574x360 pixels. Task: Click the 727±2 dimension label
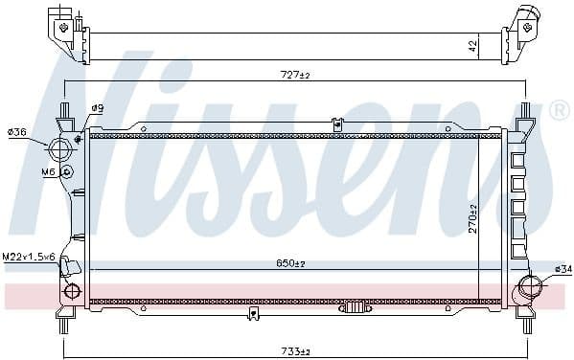tap(295, 75)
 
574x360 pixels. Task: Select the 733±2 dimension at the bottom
tap(296, 351)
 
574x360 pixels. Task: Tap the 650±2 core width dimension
tap(290, 263)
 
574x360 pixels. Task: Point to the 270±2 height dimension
tap(473, 219)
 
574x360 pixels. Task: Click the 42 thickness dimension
tap(473, 46)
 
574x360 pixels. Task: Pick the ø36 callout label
tap(17, 132)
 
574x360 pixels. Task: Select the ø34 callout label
tap(563, 269)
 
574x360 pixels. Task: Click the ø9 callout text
tap(98, 108)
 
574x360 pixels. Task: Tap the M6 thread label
tap(48, 171)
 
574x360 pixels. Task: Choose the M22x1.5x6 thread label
tap(29, 257)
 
